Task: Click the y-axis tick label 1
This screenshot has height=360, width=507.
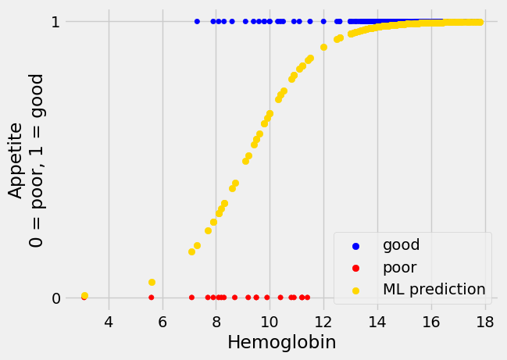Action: click(x=55, y=22)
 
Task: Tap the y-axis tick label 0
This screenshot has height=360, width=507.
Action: click(x=55, y=298)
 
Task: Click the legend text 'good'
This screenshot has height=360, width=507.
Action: click(x=401, y=245)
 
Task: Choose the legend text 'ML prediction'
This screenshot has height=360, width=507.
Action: click(x=434, y=289)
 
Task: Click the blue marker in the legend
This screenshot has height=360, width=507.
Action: click(x=356, y=246)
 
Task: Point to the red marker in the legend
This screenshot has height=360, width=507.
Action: click(x=356, y=268)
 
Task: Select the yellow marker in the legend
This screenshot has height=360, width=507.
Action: click(x=356, y=290)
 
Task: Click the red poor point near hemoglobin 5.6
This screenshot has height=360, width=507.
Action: click(x=152, y=298)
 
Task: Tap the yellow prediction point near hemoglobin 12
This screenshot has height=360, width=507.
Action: click(x=323, y=47)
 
